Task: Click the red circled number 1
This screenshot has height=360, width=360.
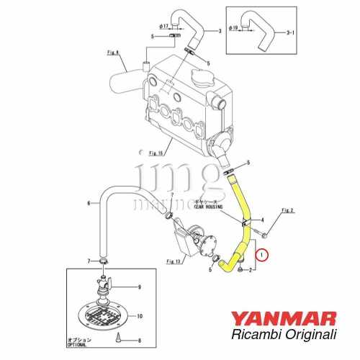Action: tap(264, 253)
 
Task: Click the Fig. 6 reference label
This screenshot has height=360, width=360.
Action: tap(113, 51)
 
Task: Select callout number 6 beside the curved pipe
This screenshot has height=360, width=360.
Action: tap(89, 204)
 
